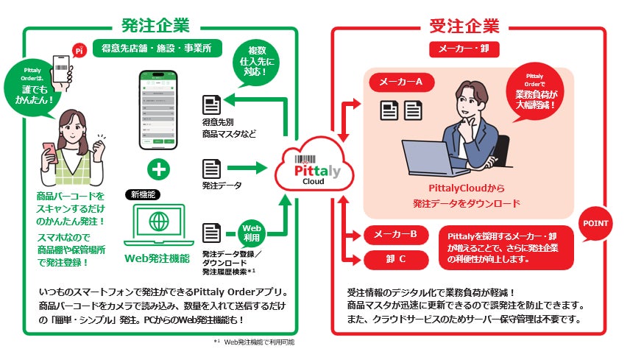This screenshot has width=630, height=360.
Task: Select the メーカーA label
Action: (x=400, y=83)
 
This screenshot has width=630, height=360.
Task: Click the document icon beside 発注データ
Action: (x=212, y=169)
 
